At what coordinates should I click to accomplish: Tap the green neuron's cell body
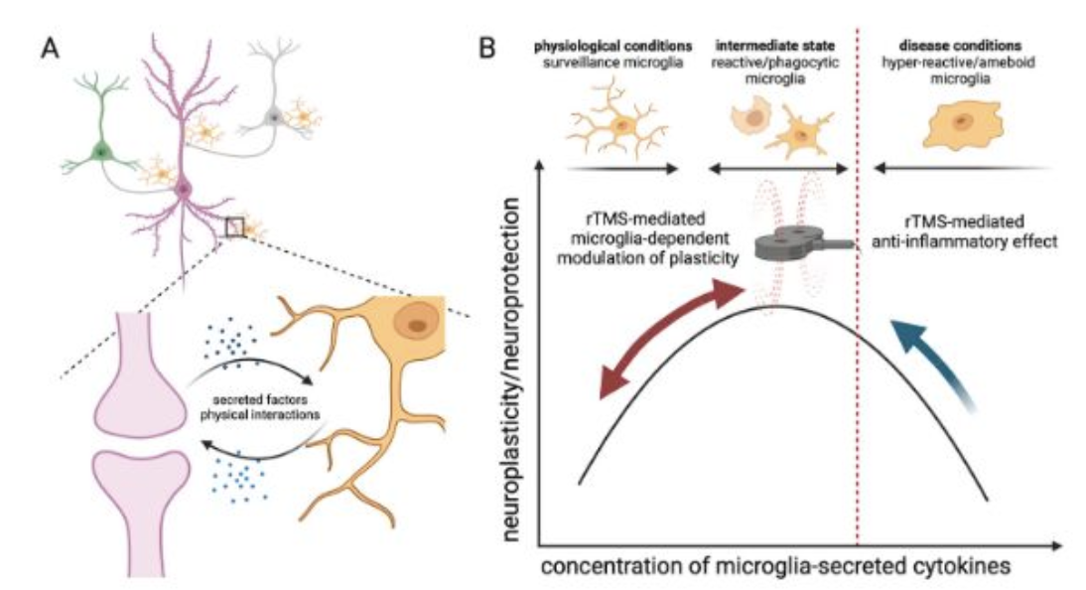tap(101, 151)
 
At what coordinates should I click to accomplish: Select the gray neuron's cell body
tap(274, 118)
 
